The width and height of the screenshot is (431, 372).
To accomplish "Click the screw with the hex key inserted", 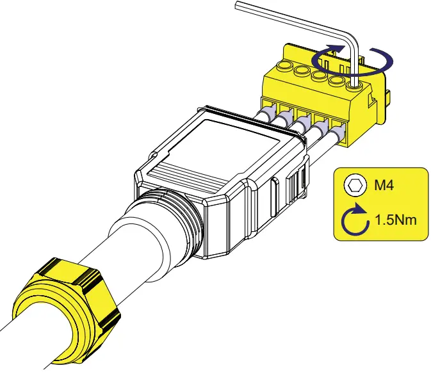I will tap(354, 81).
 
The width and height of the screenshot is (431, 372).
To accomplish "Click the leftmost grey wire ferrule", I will tap(266, 115).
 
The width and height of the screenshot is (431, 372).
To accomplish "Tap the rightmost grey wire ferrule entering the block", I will tap(337, 134).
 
